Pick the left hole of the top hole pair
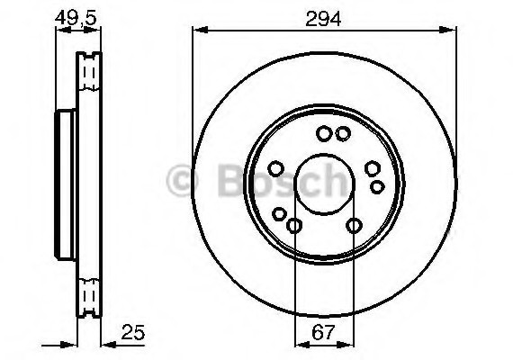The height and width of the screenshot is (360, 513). [x=323, y=134]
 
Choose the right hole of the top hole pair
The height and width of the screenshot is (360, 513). [x=342, y=134]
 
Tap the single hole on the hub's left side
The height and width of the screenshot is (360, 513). [x=276, y=168]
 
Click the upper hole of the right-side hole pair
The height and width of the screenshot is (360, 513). [x=372, y=168]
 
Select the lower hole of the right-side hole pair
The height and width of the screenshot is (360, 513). [x=377, y=186]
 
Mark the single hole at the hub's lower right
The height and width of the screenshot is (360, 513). [x=355, y=225]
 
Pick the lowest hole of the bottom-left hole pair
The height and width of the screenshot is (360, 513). [x=294, y=225]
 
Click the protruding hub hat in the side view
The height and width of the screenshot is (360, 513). [x=64, y=184]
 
